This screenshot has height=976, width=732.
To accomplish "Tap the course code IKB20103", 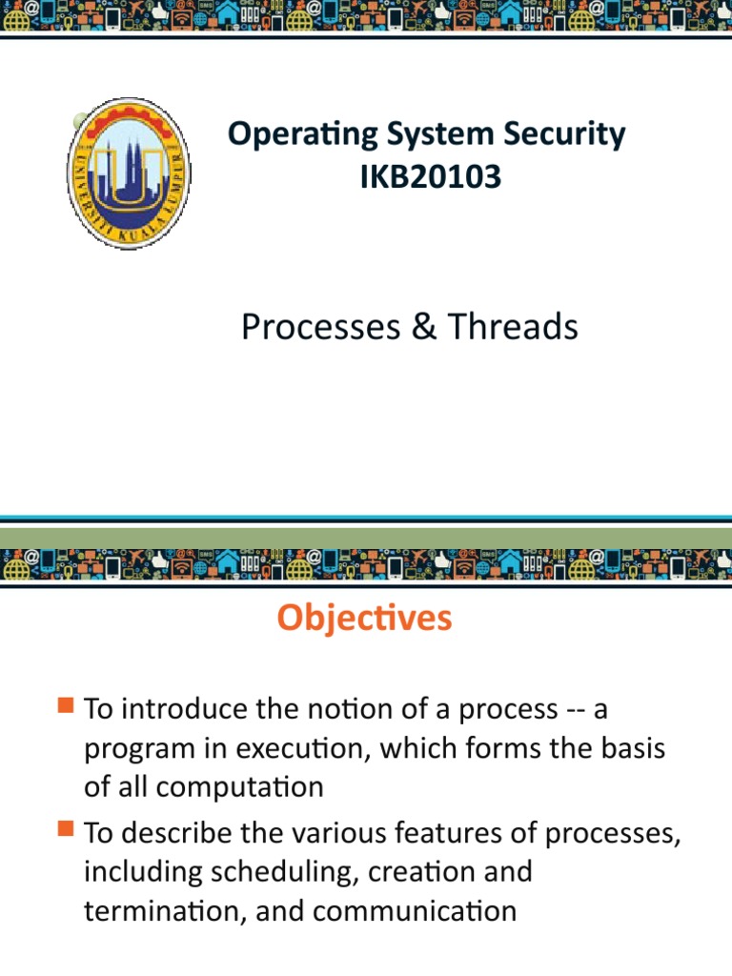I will tap(430, 176).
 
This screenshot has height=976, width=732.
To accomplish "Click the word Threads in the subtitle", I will tap(512, 327).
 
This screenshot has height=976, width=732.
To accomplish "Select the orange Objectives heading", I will tap(365, 619).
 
